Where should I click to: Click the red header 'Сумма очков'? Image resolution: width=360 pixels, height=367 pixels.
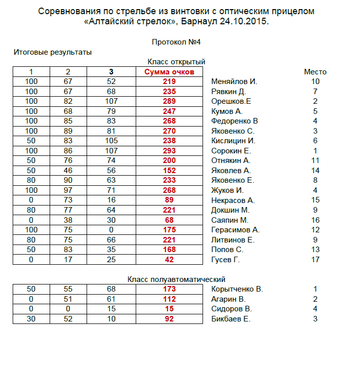(x=169, y=72)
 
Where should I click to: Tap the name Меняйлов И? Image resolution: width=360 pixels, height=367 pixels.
(x=234, y=81)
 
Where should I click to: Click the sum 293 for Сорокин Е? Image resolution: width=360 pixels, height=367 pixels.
(x=169, y=151)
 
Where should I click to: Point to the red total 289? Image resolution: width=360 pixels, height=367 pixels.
(x=169, y=101)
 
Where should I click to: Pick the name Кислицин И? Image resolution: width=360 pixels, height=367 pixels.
(x=233, y=141)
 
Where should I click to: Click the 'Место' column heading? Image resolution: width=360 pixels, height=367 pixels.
(x=315, y=72)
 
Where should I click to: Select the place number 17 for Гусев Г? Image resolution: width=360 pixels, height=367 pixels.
(x=315, y=260)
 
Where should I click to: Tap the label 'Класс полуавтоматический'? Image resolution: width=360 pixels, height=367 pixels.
(x=176, y=279)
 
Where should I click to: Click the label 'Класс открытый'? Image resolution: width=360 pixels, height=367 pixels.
(x=176, y=62)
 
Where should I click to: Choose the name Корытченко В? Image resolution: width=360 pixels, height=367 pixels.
(x=236, y=289)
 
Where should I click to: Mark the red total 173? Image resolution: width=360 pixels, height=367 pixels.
(x=169, y=289)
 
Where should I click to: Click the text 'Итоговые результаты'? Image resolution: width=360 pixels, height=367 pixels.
(x=53, y=52)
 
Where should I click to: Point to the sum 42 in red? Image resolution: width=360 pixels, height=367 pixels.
(x=169, y=260)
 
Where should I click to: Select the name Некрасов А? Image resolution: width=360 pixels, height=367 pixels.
(x=232, y=200)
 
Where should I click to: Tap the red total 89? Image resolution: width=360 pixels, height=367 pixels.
(x=169, y=200)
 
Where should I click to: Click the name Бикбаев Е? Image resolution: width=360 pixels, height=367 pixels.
(x=230, y=319)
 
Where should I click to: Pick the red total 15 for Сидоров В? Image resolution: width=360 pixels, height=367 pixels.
(x=169, y=309)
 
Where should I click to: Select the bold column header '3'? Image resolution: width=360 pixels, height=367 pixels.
(x=111, y=72)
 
